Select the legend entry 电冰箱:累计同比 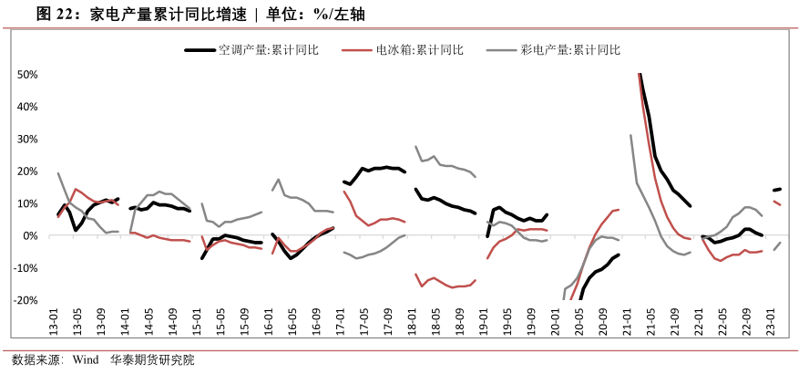(x=419, y=50)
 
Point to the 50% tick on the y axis (x=26, y=75)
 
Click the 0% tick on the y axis (x=29, y=235)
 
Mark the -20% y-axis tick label (x=25, y=300)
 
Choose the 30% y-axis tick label (x=26, y=139)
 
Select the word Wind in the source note (x=86, y=359)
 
